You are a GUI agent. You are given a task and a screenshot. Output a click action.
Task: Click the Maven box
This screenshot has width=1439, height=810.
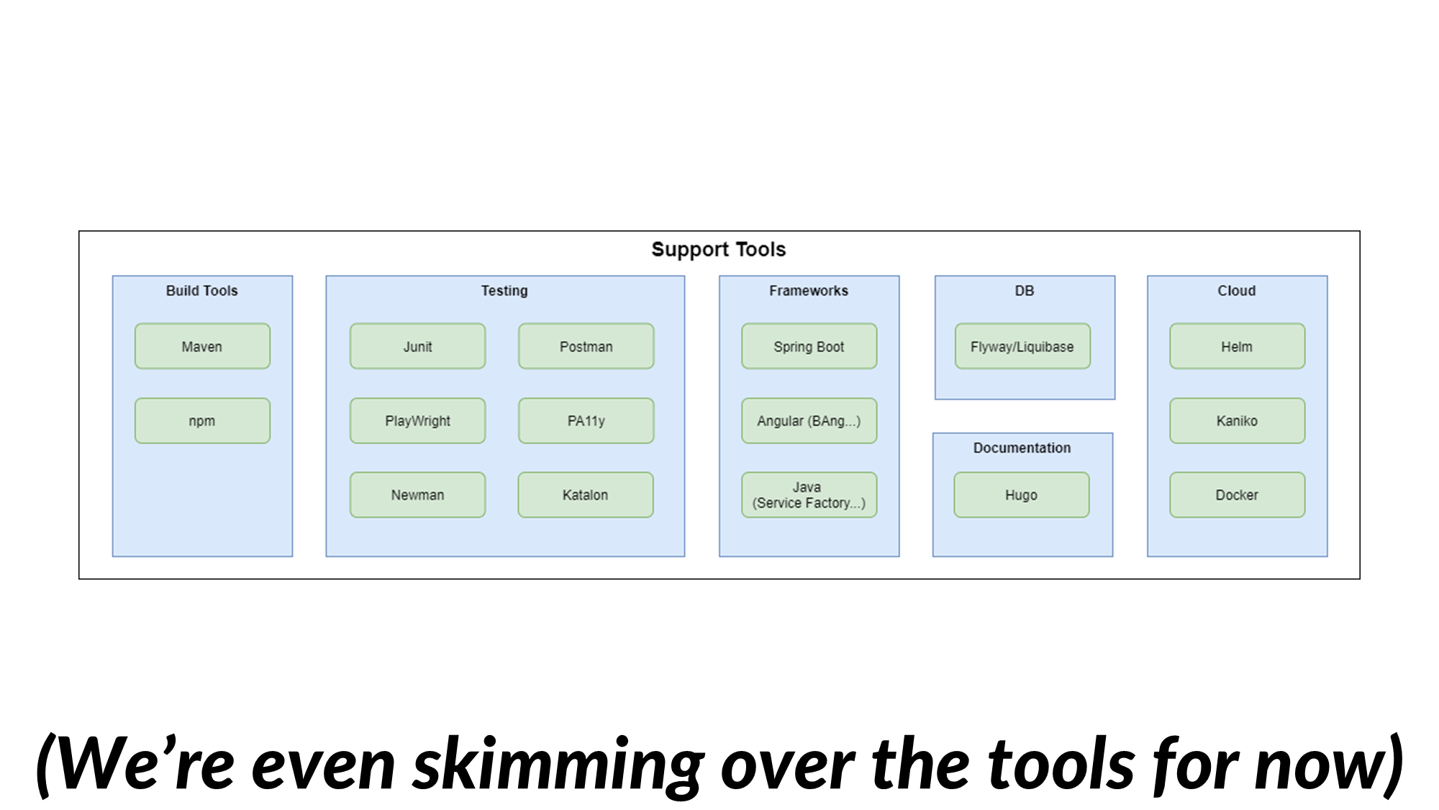pos(202,346)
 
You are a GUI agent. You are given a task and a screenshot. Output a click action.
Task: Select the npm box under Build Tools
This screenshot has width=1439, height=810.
pos(202,420)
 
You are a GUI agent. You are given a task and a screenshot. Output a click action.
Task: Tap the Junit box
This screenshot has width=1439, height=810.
pos(417,346)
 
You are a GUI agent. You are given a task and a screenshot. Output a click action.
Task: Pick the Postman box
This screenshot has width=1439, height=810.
pos(586,346)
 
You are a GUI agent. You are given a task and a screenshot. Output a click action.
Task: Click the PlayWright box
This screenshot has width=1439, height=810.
pos(417,420)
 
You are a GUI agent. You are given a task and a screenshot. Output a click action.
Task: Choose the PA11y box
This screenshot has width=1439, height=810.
pos(586,420)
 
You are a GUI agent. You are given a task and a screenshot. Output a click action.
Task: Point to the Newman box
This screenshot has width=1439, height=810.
pos(417,495)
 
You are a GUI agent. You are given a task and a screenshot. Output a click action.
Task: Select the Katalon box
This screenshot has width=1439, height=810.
pos(585,495)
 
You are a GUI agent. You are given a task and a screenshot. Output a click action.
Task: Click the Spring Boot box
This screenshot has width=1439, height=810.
pos(809,346)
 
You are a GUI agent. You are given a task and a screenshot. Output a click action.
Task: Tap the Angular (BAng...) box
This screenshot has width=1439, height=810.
pos(809,420)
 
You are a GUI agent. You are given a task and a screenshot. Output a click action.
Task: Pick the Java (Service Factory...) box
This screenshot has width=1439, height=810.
pos(809,495)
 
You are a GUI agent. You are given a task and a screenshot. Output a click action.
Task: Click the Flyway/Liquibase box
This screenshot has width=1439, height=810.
pos(1022,346)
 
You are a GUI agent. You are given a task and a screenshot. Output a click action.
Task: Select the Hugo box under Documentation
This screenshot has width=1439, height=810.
pos(1021,495)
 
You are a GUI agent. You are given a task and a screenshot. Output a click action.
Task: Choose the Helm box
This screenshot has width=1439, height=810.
pos(1237,346)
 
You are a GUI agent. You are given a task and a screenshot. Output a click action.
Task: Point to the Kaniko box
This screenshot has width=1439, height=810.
pos(1237,420)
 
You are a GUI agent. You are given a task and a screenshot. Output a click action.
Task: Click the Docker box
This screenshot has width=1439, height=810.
pos(1237,495)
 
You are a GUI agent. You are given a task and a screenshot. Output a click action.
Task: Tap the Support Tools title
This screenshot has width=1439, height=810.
pos(718,249)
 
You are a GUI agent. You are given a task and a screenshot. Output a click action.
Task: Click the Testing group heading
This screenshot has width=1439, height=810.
pos(504,291)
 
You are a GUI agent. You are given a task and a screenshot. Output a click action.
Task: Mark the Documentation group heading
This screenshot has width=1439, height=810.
pos(1022,448)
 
